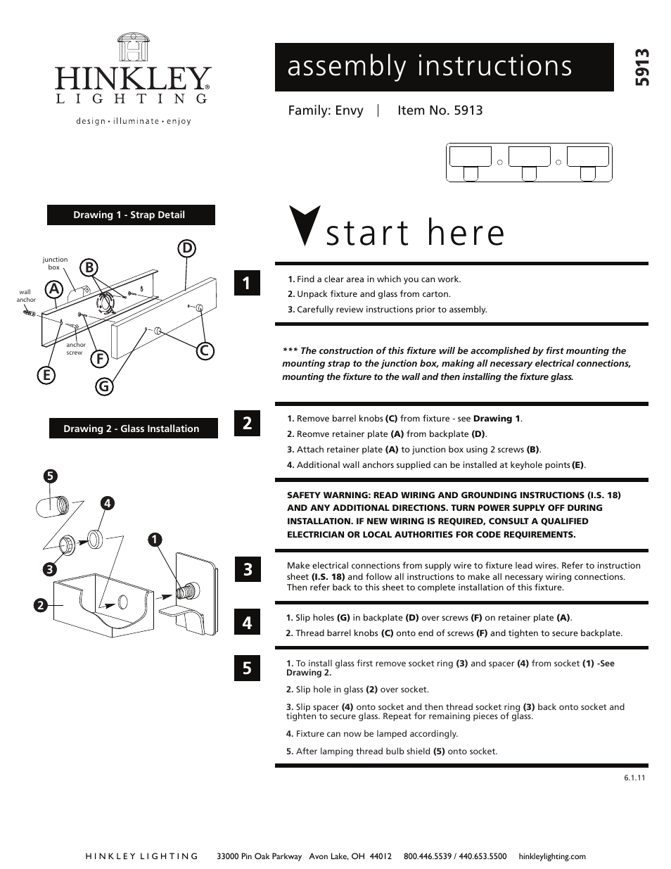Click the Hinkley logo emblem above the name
coord(133,48)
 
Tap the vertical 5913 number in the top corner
coord(641,68)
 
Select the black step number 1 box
coord(247,283)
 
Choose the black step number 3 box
coord(247,569)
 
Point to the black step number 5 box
coord(247,667)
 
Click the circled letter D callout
coord(186,248)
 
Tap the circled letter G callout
coord(104,386)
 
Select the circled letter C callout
coord(205,350)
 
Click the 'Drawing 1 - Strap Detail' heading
coord(130,215)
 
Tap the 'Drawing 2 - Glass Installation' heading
coord(132,429)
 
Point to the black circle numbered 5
coord(49,476)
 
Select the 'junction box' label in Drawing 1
coord(55,263)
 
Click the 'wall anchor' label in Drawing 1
coord(25,296)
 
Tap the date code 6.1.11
coord(634,778)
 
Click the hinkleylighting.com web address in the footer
coord(551,856)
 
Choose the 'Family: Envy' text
coord(326,110)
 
